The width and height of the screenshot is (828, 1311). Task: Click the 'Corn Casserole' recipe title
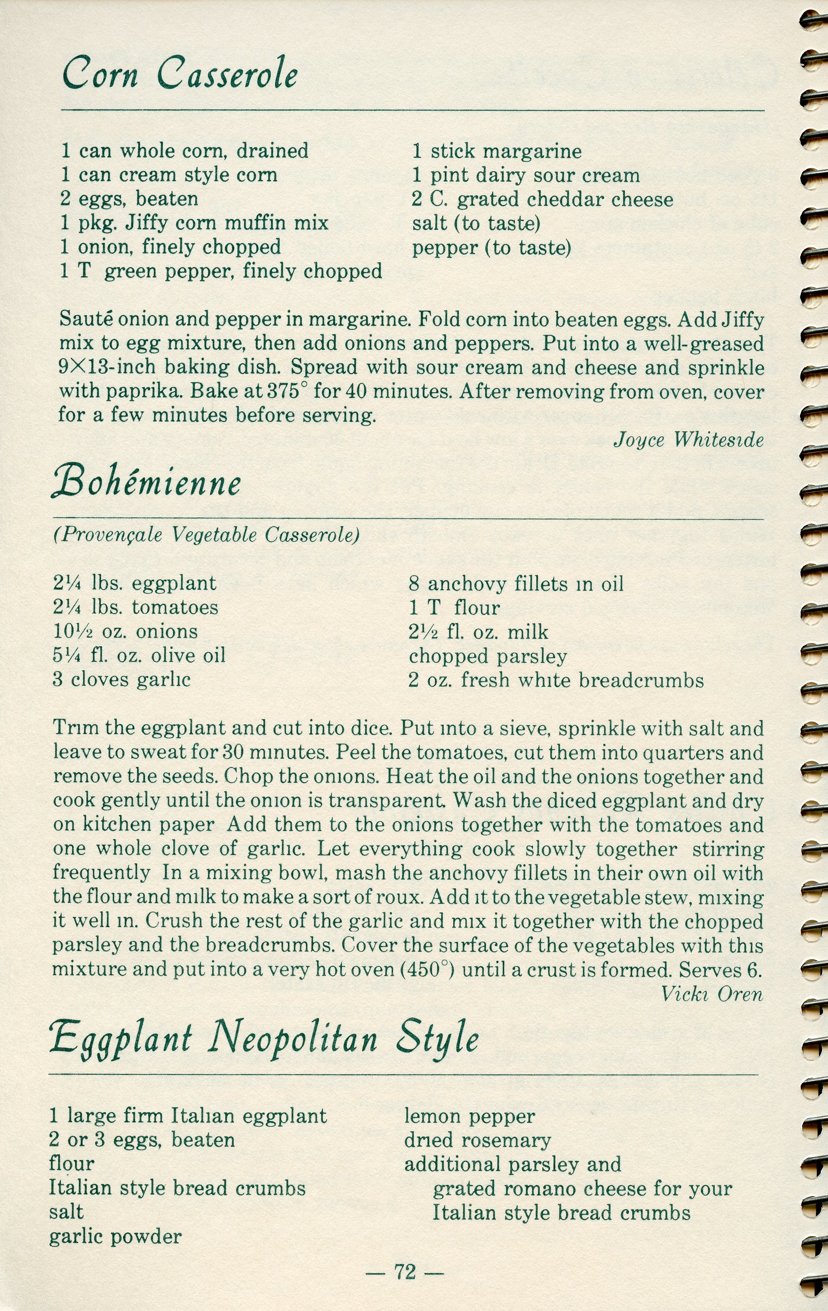180,74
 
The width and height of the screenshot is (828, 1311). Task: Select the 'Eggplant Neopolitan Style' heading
264,1038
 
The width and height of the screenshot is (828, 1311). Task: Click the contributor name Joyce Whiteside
689,440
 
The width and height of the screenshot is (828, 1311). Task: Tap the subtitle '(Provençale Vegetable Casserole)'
206,535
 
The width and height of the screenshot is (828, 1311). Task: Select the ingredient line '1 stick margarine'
496,151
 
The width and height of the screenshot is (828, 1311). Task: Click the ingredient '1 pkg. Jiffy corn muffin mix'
194,223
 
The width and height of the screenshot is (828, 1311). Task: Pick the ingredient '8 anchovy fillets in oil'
516,584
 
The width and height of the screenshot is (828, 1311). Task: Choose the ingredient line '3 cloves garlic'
122,680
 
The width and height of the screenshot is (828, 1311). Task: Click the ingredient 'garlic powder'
116,1237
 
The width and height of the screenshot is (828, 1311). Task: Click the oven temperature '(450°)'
428,970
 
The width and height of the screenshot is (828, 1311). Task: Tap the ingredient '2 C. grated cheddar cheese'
542,199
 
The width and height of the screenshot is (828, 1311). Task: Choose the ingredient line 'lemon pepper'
469,1116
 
